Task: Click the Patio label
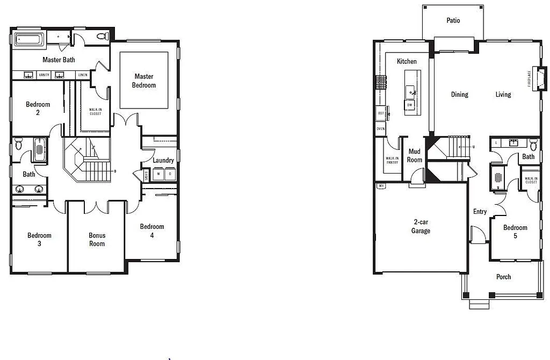pos(453,20)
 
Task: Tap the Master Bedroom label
pos(144,81)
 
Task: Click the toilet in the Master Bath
pos(102,37)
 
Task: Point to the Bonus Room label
pos(97,240)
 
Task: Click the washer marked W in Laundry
pos(158,174)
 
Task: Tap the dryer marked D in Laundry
pos(170,174)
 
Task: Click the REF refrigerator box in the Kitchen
pos(381,113)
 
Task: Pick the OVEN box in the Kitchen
pos(381,129)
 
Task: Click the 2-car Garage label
pos(421,226)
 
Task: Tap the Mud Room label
pos(415,156)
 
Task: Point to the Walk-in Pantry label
pos(392,160)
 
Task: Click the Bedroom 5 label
pos(515,232)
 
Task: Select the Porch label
pos(503,277)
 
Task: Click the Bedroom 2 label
pos(38,109)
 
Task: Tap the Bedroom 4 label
pos(152,231)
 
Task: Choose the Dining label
pos(459,95)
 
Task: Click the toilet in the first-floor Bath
pos(533,145)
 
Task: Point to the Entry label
pos(480,212)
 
